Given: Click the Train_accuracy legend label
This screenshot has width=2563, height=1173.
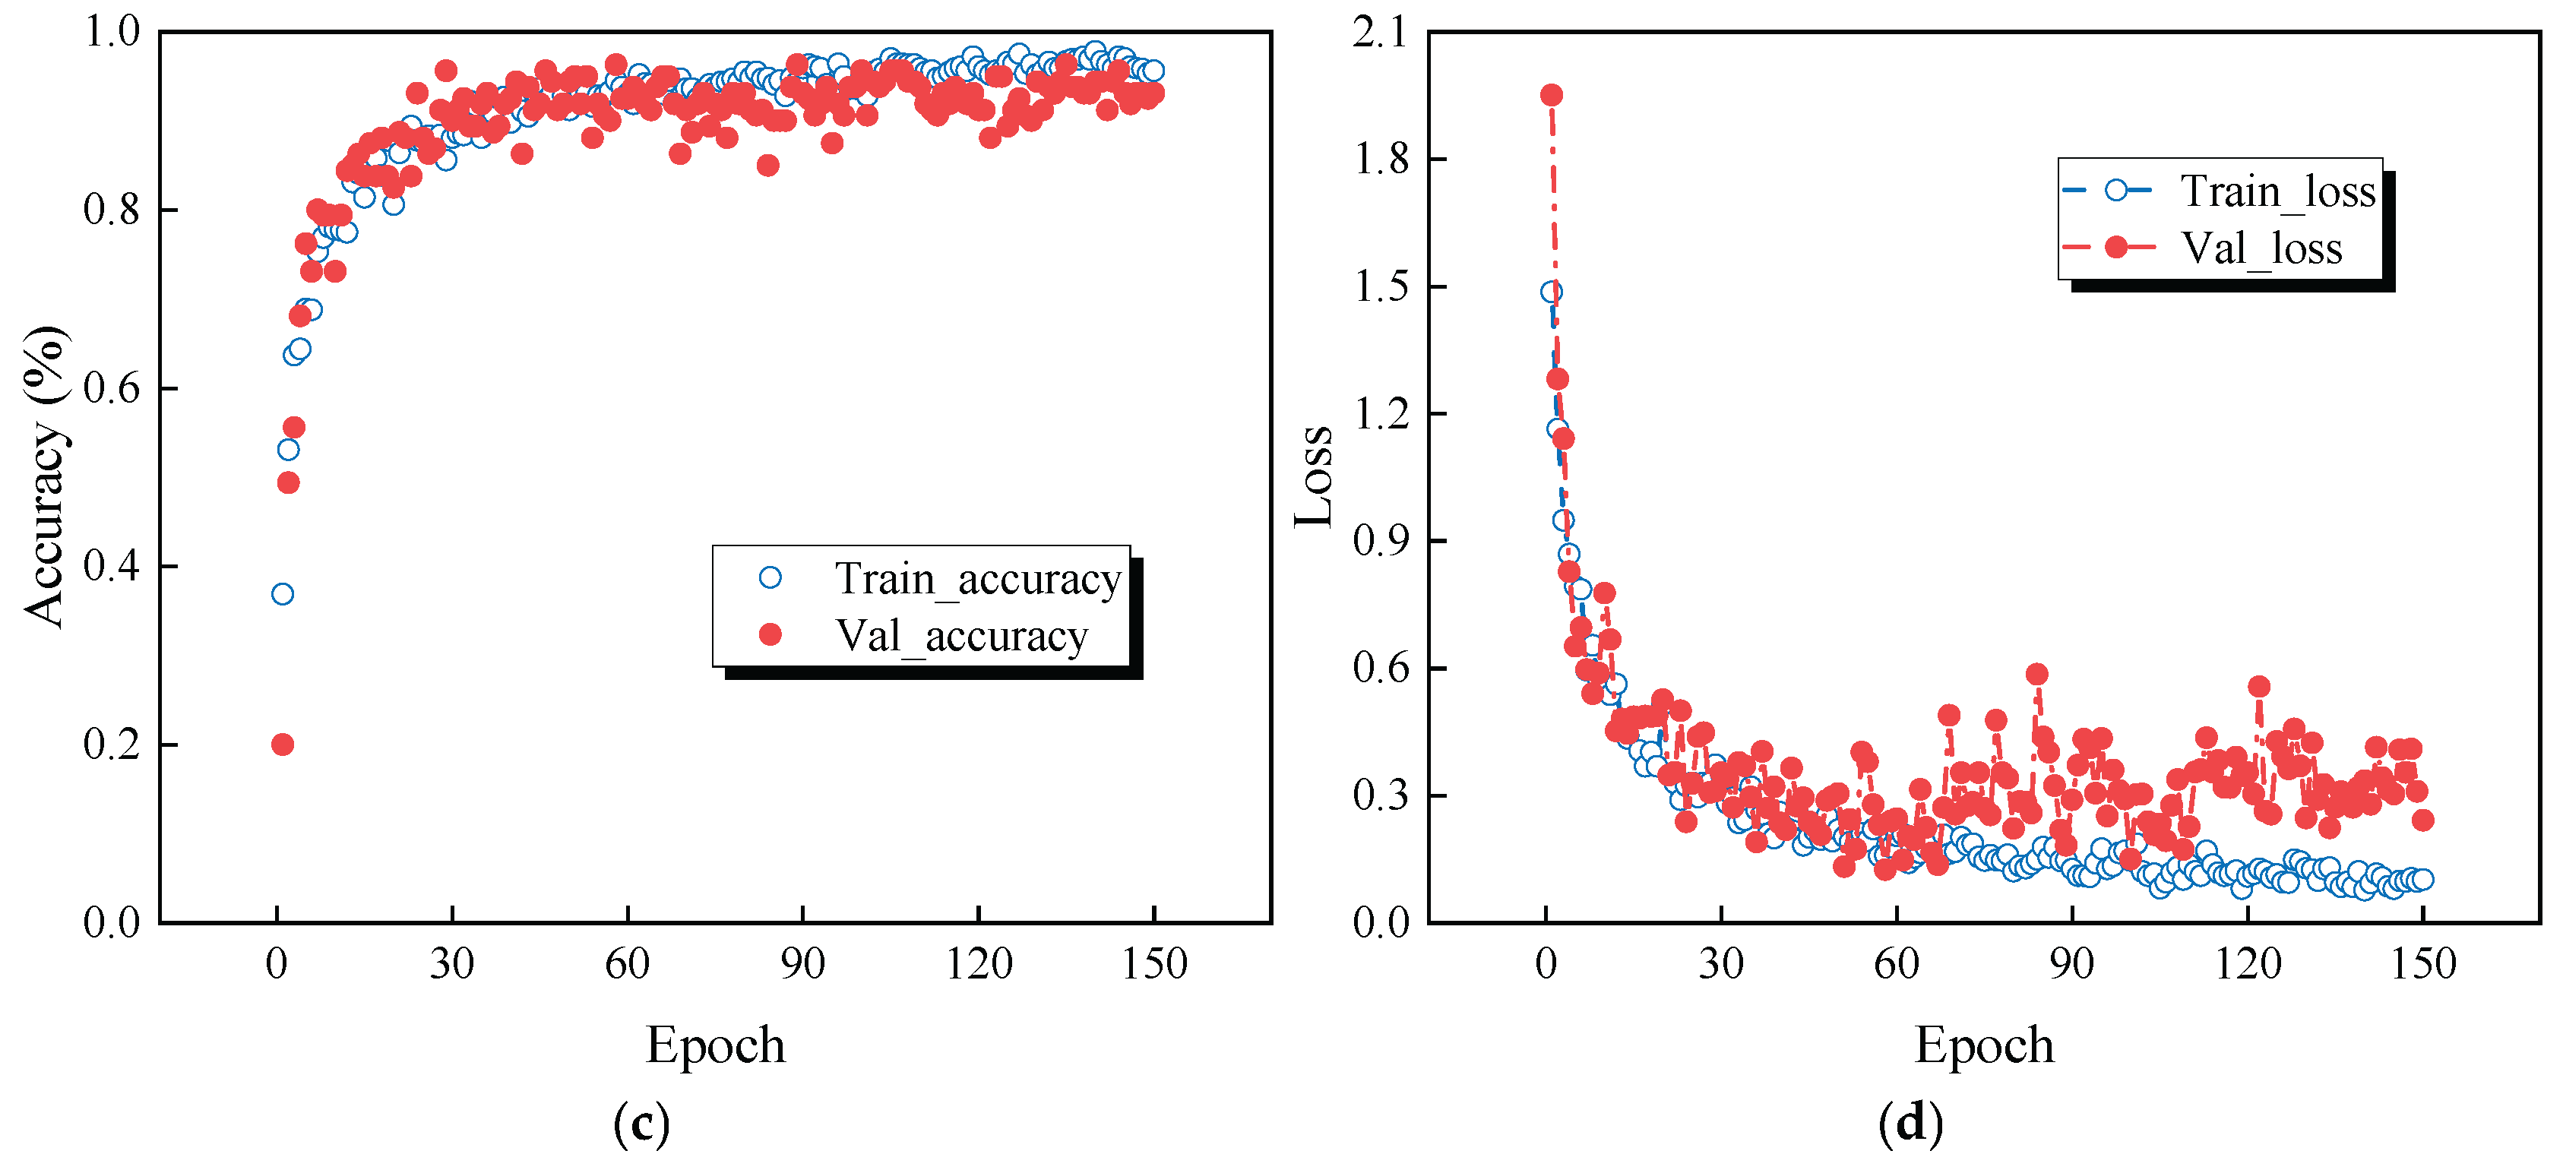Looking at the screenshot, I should tap(977, 578).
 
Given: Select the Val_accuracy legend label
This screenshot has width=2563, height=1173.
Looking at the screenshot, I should tap(961, 636).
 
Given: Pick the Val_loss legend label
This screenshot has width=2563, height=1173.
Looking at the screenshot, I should tap(2261, 248).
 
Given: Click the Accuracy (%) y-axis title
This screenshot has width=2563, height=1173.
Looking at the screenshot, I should tap(45, 476).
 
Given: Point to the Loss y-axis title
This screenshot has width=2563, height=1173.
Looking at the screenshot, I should tap(1313, 476).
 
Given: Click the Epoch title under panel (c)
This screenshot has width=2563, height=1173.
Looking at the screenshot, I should tap(715, 1045).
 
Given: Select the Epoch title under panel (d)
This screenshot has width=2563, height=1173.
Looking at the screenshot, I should tap(1984, 1045).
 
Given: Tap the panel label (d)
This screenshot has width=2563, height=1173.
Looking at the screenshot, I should tap(1910, 1124).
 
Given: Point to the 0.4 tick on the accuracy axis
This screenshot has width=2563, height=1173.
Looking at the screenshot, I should tap(112, 566).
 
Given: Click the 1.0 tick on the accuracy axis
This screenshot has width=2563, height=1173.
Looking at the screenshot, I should tap(112, 32).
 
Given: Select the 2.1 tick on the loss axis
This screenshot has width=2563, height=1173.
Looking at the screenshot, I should tap(1380, 32).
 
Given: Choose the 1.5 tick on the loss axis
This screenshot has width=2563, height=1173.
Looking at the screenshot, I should tap(1380, 286).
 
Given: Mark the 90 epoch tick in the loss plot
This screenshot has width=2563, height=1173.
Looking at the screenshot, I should tap(2071, 963).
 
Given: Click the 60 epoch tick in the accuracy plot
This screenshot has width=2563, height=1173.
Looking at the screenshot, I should tap(627, 963).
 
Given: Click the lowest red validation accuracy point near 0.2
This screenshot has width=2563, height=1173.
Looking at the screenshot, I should tap(283, 745).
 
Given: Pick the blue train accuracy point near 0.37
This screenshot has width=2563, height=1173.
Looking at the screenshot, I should tap(283, 594).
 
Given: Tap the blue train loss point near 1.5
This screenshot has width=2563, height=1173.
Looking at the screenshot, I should tap(1551, 292).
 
